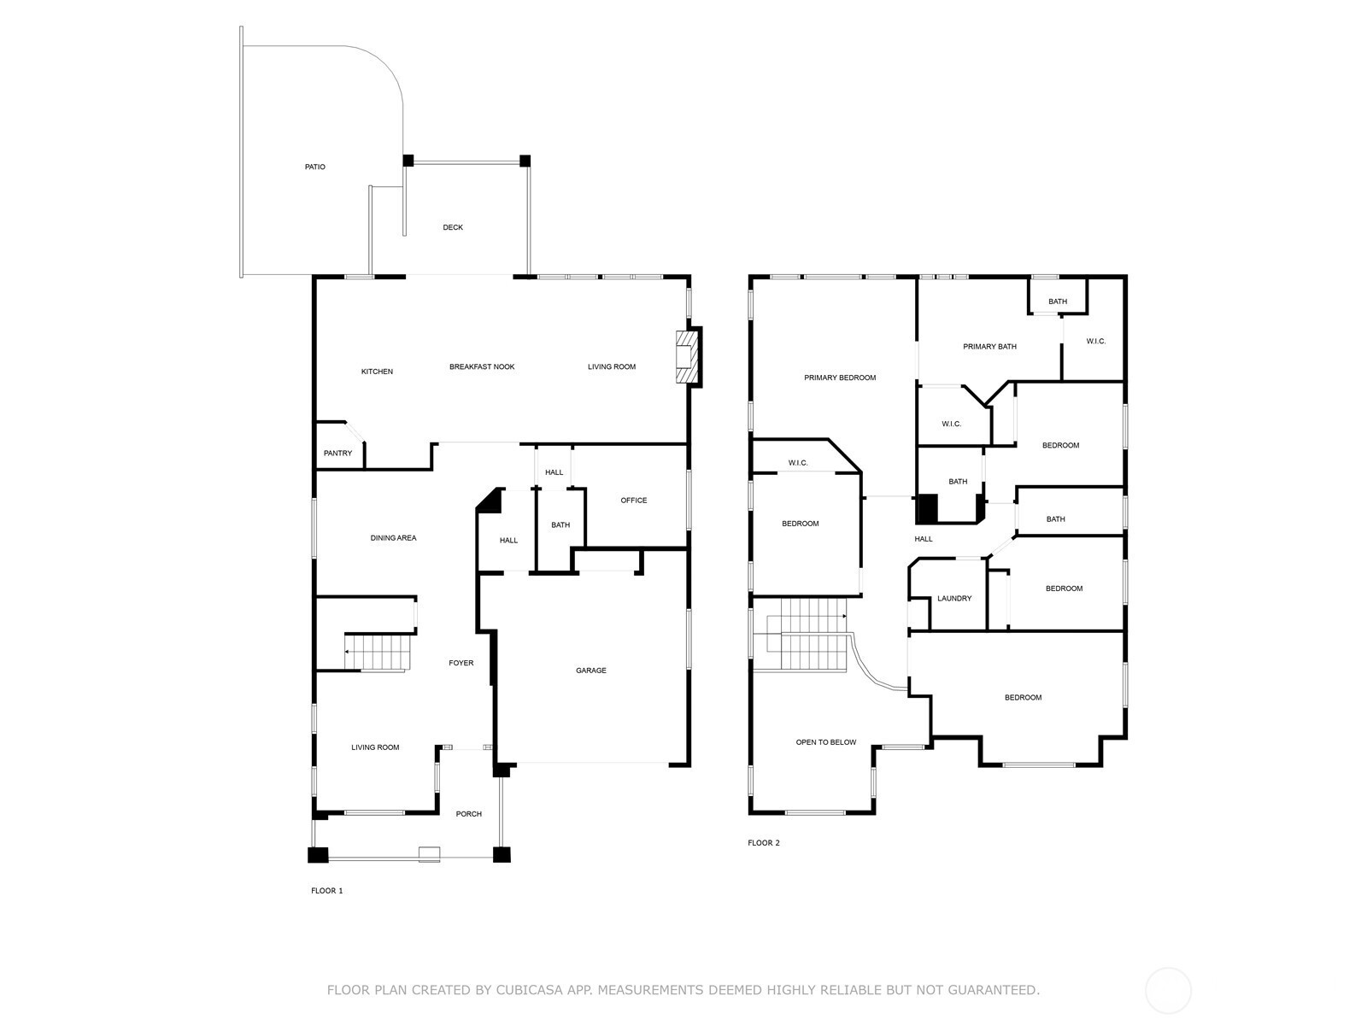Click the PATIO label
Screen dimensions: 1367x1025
(314, 167)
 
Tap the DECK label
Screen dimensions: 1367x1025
(453, 227)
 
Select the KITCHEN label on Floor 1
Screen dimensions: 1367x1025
(377, 372)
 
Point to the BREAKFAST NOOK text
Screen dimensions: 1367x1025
(482, 366)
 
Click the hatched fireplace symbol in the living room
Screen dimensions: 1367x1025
(686, 357)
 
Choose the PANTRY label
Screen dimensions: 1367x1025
(337, 453)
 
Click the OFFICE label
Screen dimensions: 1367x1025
(633, 501)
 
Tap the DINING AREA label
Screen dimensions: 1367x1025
(393, 538)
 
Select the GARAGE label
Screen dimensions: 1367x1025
(590, 671)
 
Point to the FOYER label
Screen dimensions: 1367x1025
(461, 663)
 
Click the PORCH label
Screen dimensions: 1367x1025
(468, 814)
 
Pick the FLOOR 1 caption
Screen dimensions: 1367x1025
(327, 891)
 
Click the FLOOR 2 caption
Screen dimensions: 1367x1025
(764, 843)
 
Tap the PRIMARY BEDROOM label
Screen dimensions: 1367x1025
(840, 378)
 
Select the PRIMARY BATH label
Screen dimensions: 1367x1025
(989, 347)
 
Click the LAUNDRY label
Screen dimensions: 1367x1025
(954, 599)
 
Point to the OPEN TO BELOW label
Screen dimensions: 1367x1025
(826, 741)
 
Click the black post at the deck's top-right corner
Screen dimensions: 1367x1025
(525, 161)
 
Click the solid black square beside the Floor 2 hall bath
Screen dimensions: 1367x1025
(928, 508)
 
